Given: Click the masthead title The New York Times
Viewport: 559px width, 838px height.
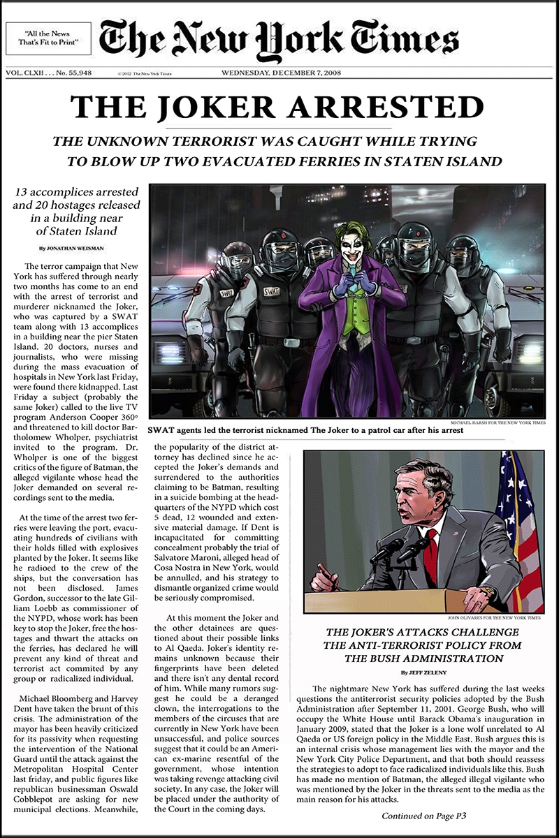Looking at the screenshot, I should click(x=278, y=38).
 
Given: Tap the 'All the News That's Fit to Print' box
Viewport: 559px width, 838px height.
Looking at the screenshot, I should click(x=48, y=39).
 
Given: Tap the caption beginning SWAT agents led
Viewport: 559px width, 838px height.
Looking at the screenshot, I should click(x=306, y=431).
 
